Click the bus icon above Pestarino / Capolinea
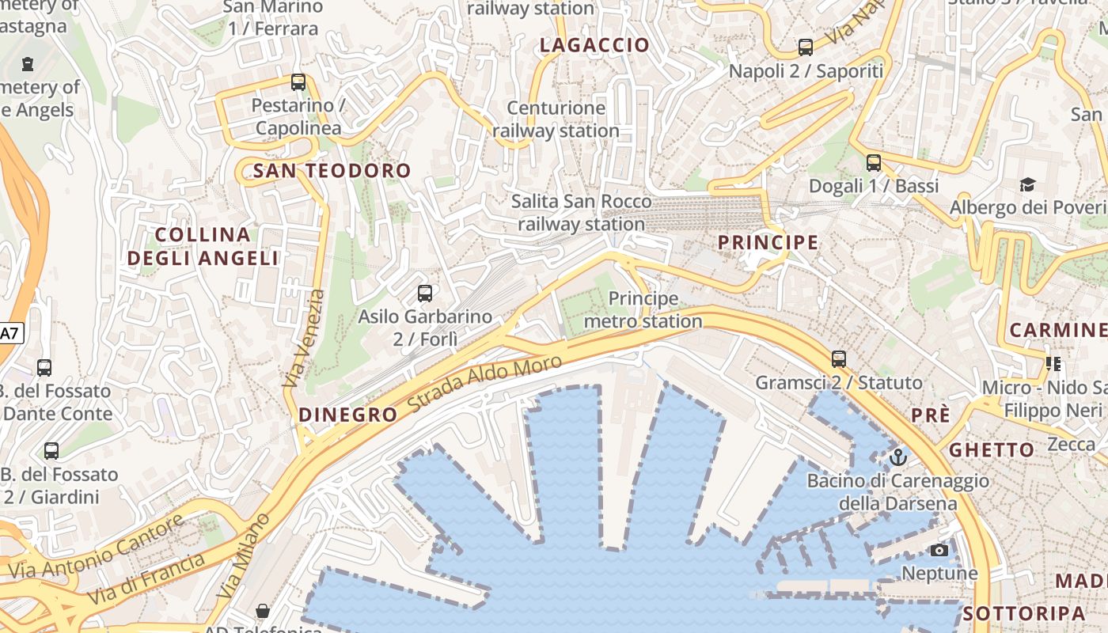tap(298, 81)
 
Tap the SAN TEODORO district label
tap(332, 170)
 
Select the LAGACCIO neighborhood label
tap(594, 45)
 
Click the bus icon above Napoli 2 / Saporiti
tap(806, 47)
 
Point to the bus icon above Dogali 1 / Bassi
tap(874, 163)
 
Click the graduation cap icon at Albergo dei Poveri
tap(1027, 184)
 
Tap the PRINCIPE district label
tap(768, 242)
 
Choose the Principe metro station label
tap(643, 309)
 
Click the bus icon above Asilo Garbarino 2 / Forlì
tap(425, 294)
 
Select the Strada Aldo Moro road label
tap(485, 384)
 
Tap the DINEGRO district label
tap(348, 415)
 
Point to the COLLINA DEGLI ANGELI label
tap(203, 246)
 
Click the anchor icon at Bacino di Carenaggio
tap(897, 457)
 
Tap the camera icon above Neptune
tap(939, 550)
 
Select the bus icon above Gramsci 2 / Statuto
tap(839, 359)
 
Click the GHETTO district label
tap(992, 449)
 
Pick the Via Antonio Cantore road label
tap(97, 545)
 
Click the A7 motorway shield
tap(9, 333)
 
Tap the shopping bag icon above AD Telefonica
tap(263, 611)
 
